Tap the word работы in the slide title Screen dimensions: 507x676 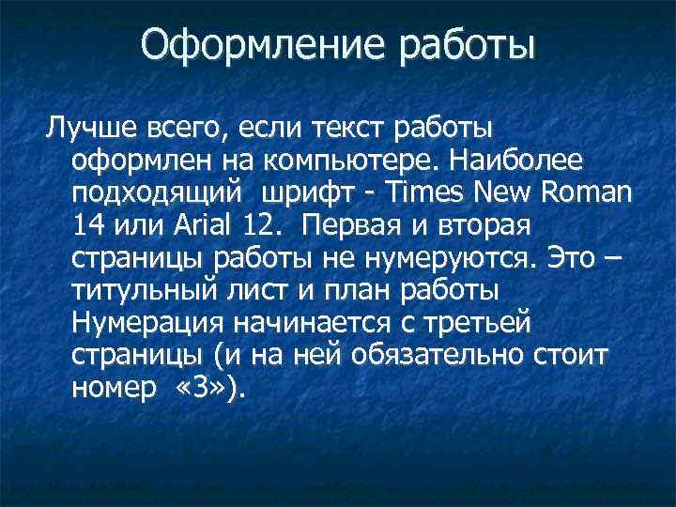pyautogui.click(x=467, y=45)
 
